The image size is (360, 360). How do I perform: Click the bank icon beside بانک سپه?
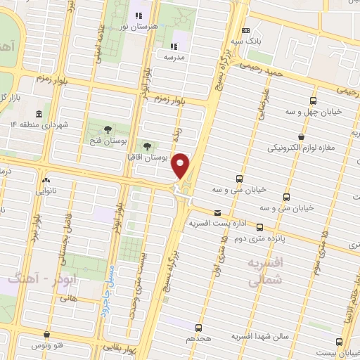point(245,31)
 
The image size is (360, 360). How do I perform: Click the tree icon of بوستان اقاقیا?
point(147,146)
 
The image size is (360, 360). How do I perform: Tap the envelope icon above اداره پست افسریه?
point(217,213)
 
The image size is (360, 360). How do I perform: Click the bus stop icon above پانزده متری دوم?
point(259,227)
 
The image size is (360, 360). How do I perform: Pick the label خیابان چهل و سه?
point(313,112)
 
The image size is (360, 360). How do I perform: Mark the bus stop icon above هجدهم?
point(199,328)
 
